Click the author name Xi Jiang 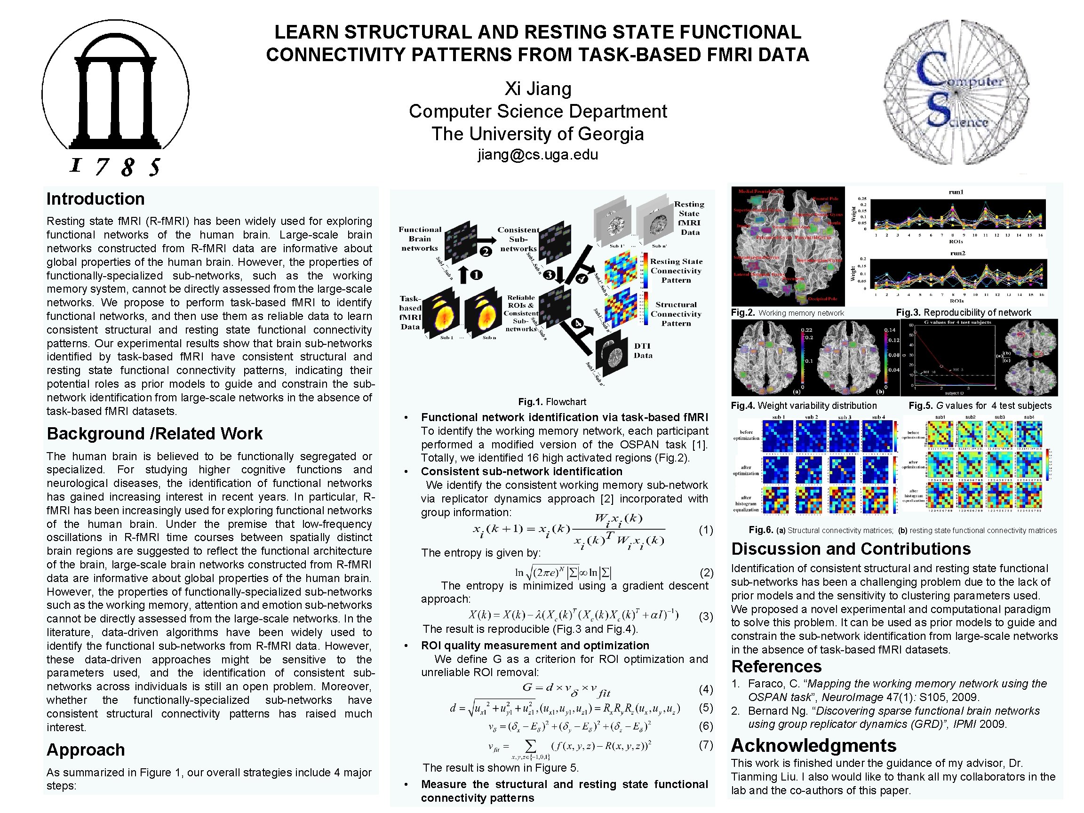(538, 89)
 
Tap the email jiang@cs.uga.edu (538, 154)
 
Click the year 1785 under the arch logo (116, 167)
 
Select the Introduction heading (96, 199)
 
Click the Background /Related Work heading (154, 434)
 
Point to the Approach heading (86, 750)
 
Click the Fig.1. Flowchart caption (552, 402)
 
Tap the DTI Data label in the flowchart (643, 351)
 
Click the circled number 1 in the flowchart (476, 275)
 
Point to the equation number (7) (706, 745)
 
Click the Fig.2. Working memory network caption (787, 313)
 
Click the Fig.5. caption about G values (980, 406)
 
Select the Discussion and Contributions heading (851, 549)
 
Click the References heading (776, 667)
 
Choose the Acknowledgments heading (813, 745)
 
